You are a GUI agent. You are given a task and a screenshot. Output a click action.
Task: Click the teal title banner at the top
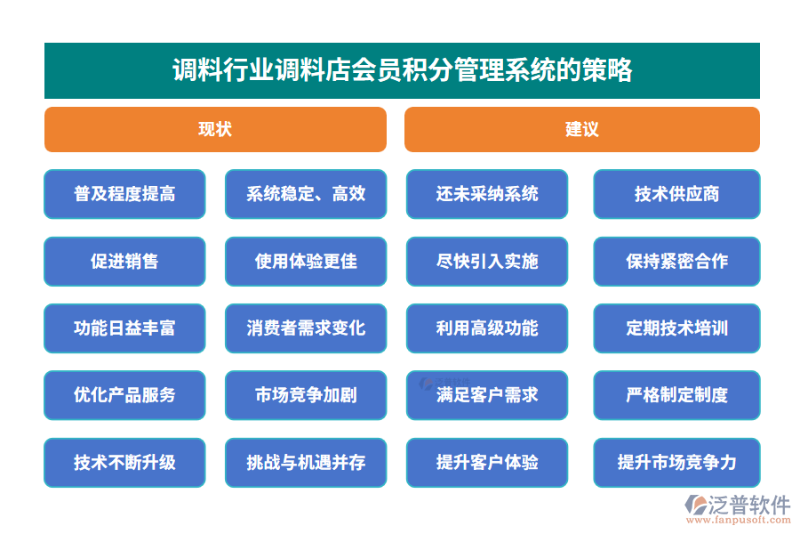[x=402, y=70]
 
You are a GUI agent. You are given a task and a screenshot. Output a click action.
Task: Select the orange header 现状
[x=215, y=129]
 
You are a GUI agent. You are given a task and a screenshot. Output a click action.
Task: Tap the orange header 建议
[x=581, y=129]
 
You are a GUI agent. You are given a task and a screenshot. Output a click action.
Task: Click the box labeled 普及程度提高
[x=124, y=194]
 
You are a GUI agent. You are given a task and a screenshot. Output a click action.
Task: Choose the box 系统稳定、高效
[x=306, y=194]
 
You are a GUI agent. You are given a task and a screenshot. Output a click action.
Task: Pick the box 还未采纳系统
[x=487, y=194]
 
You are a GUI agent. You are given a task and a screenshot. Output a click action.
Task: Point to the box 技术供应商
[x=676, y=194]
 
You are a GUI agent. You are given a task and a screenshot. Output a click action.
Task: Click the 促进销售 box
[x=124, y=261]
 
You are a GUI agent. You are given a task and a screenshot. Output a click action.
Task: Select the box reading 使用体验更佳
[x=306, y=261]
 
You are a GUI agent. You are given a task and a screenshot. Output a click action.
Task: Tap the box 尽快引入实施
[x=487, y=261]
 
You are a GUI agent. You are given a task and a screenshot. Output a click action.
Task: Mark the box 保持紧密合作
[x=676, y=261]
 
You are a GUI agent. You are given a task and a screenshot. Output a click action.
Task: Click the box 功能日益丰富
[x=124, y=328]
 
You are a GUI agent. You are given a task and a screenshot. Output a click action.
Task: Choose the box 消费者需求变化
[x=306, y=328]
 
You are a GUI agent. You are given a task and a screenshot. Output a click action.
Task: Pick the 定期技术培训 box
[x=676, y=328]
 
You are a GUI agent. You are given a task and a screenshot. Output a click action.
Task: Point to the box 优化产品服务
[x=124, y=395]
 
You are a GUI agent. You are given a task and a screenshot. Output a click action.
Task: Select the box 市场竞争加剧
[x=306, y=395]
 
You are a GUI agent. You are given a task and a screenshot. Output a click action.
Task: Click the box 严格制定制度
[x=676, y=395]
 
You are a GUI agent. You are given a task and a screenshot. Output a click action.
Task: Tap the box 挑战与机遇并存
[x=306, y=463]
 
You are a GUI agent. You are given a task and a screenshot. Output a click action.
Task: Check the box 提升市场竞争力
[x=676, y=463]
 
